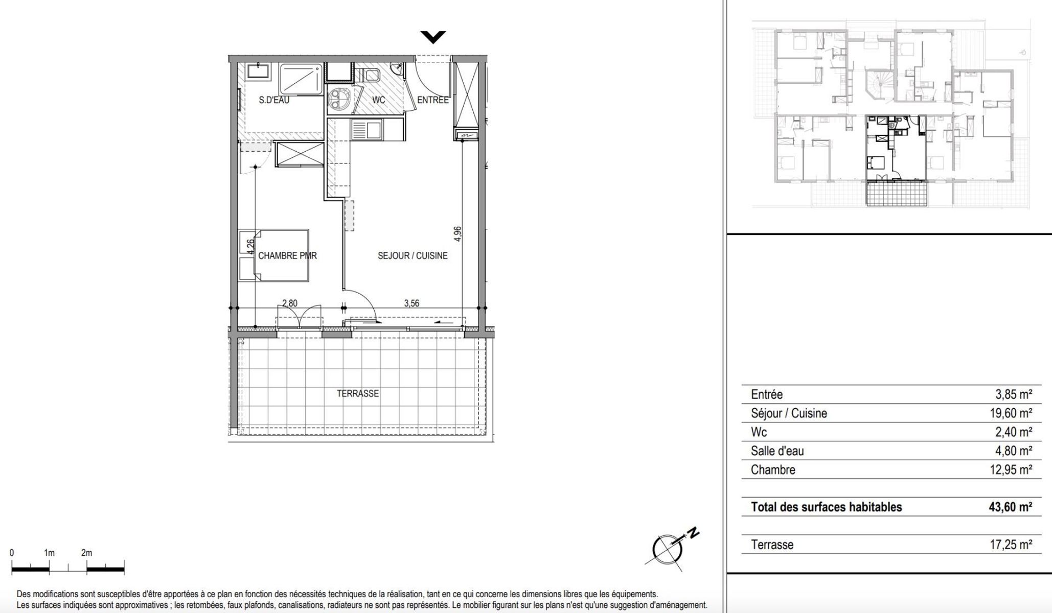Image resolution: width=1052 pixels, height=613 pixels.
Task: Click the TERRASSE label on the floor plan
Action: (x=358, y=394)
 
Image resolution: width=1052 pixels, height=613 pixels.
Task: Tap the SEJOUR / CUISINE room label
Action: (x=413, y=256)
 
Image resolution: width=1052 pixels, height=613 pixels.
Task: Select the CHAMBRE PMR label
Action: (x=287, y=255)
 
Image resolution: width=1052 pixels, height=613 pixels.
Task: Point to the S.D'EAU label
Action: (x=274, y=100)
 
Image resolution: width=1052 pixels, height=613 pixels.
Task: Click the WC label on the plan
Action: (x=378, y=100)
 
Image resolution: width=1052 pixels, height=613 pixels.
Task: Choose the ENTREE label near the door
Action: (x=432, y=100)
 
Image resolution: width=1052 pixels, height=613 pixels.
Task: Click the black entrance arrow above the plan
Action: (x=433, y=37)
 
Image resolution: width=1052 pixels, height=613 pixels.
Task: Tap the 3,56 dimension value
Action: (x=411, y=303)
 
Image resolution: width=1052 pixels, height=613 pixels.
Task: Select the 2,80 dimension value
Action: (x=289, y=303)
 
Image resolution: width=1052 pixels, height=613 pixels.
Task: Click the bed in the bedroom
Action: (x=274, y=255)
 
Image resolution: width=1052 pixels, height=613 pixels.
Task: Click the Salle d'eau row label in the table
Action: (x=777, y=451)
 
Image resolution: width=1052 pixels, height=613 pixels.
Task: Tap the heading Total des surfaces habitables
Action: (x=827, y=507)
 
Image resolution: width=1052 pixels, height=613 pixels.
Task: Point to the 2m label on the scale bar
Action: (x=86, y=553)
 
